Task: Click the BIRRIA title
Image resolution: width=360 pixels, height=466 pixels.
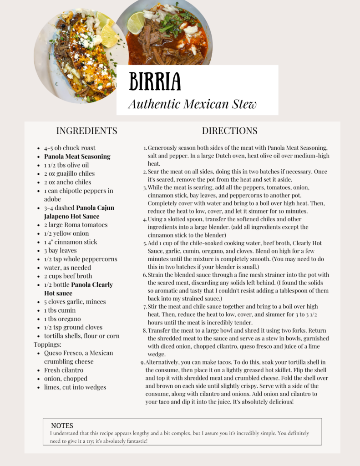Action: pyautogui.click(x=155, y=81)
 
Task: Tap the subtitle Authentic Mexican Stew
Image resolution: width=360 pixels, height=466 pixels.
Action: pyautogui.click(x=192, y=104)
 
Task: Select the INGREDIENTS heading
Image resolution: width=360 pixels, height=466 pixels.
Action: pyautogui.click(x=86, y=131)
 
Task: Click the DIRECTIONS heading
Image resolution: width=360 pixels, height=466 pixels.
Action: pyautogui.click(x=229, y=131)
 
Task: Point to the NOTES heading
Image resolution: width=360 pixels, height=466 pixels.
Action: pyautogui.click(x=62, y=425)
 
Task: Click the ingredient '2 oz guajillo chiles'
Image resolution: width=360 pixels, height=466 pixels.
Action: pyautogui.click(x=69, y=173)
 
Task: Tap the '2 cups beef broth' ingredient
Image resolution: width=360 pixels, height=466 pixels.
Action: pyautogui.click(x=68, y=276)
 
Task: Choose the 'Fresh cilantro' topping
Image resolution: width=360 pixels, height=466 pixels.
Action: pyautogui.click(x=64, y=370)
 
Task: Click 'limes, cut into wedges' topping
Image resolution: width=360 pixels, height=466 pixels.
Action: pyautogui.click(x=75, y=387)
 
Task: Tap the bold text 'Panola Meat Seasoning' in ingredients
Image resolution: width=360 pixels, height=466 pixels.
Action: pyautogui.click(x=77, y=157)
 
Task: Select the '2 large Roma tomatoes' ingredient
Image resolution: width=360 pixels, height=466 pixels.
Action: pyautogui.click(x=76, y=225)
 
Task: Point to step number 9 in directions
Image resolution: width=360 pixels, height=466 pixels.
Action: pyautogui.click(x=143, y=362)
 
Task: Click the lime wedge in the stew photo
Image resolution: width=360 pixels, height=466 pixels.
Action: pyautogui.click(x=136, y=23)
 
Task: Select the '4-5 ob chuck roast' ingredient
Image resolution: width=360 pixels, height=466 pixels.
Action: pyautogui.click(x=70, y=148)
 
